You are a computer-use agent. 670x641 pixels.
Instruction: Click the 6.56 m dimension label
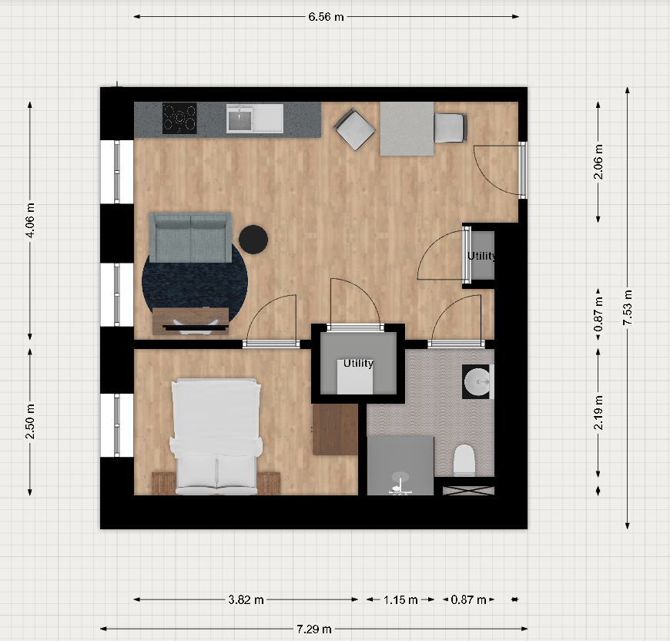(326, 17)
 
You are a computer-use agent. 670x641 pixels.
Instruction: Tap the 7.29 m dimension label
(314, 629)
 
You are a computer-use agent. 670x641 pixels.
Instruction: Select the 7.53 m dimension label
(628, 307)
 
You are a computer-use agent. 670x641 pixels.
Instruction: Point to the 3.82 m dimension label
(246, 599)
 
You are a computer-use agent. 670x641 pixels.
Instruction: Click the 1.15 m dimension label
(400, 599)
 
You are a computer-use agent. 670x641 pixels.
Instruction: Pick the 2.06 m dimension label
(598, 162)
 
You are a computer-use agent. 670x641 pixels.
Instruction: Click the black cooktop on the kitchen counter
(179, 118)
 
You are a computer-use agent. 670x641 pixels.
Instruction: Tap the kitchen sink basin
(240, 119)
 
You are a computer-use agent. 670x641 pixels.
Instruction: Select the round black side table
(253, 240)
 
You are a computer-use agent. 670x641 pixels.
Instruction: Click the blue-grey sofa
(190, 237)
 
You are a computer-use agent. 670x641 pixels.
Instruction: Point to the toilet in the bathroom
(464, 460)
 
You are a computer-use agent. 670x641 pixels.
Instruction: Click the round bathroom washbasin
(477, 381)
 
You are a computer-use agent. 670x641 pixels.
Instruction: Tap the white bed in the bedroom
(216, 436)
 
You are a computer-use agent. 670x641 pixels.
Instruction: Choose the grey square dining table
(407, 129)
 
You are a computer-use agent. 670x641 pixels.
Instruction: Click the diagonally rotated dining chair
(355, 129)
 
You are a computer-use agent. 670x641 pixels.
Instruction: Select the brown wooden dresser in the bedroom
(336, 429)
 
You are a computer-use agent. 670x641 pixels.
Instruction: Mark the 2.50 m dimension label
(29, 421)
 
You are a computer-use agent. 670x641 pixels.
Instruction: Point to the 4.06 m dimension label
(29, 220)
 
